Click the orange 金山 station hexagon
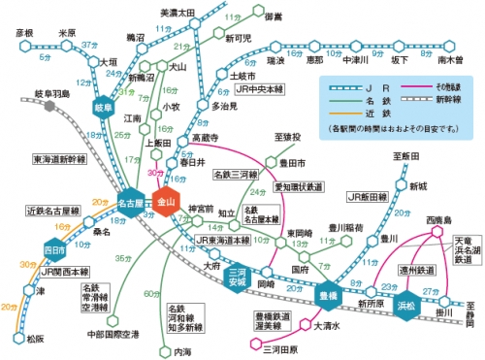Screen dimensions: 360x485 click(x=167, y=203)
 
